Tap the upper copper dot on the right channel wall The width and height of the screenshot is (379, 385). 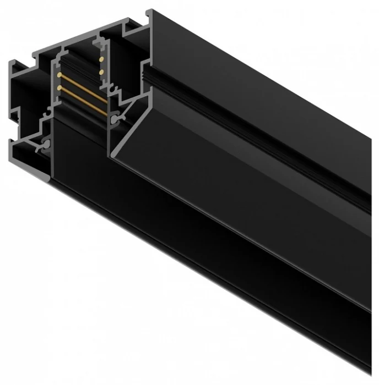point(101,59)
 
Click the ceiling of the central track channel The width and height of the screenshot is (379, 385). point(77,61)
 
